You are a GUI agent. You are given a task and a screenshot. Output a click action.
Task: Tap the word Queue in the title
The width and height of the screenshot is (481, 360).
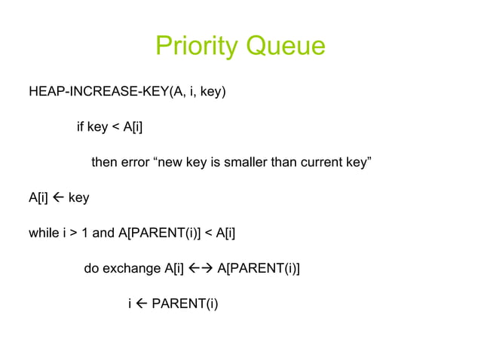[x=284, y=47]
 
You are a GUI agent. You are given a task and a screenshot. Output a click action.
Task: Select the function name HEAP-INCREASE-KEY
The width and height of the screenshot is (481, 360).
[x=91, y=93]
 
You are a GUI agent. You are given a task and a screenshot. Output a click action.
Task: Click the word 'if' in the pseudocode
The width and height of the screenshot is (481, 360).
[x=80, y=127]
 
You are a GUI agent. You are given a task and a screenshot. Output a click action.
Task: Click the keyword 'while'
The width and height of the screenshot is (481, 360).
[x=41, y=233]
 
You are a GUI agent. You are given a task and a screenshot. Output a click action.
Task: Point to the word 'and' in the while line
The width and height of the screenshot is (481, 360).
[x=103, y=233]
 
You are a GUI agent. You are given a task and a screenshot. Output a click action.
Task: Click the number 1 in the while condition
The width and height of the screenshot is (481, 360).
[x=86, y=233]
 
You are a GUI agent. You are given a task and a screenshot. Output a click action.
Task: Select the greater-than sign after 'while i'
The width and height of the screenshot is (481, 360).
[x=74, y=233]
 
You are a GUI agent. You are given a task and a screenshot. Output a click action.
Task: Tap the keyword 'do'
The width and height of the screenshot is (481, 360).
[x=90, y=268]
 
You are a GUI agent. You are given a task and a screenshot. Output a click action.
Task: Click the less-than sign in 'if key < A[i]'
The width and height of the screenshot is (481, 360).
[x=115, y=127]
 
